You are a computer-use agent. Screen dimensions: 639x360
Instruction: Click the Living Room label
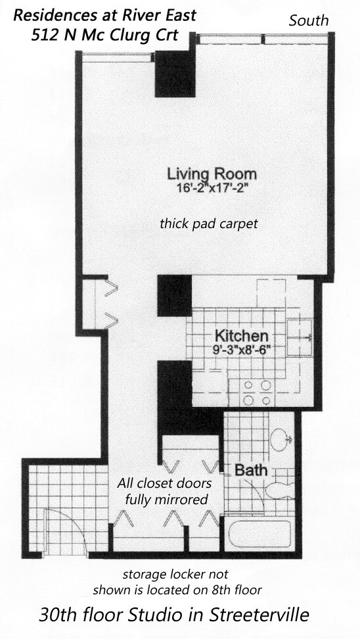pyautogui.click(x=212, y=174)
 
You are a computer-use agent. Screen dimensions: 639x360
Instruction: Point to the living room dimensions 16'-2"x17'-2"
pyautogui.click(x=212, y=188)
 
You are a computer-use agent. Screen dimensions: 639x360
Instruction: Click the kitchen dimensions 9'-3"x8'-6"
pyautogui.click(x=242, y=349)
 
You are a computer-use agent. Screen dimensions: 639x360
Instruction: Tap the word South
pyautogui.click(x=309, y=20)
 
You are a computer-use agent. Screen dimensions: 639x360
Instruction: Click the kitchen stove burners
pyautogui.click(x=258, y=393)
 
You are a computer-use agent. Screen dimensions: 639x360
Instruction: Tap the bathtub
pyautogui.click(x=259, y=529)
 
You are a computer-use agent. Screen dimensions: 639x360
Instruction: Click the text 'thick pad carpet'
pyautogui.click(x=209, y=224)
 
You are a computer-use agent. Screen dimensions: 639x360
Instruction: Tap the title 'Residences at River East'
pyautogui.click(x=104, y=15)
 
